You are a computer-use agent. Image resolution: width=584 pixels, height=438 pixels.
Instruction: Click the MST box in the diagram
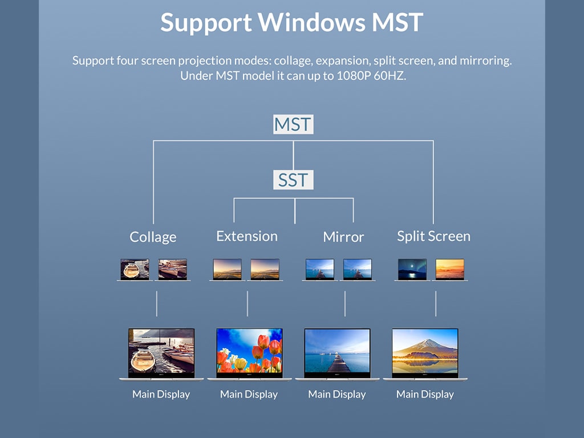(x=293, y=124)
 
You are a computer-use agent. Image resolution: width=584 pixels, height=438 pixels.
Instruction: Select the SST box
(x=293, y=180)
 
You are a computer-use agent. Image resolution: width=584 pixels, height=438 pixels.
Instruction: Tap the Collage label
(x=153, y=237)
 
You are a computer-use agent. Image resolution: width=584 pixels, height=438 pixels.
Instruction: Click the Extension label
(x=247, y=236)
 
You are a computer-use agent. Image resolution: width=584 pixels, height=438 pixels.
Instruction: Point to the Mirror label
(x=343, y=237)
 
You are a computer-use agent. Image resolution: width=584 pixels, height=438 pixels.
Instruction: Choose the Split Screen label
(x=433, y=237)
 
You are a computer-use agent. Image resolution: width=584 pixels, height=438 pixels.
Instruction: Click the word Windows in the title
(x=311, y=22)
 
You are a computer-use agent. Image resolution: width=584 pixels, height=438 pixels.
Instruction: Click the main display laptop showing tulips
(x=250, y=354)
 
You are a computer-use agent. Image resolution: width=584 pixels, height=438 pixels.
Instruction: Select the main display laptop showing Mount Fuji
(x=425, y=354)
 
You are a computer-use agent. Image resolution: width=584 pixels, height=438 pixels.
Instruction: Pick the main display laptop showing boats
(x=161, y=354)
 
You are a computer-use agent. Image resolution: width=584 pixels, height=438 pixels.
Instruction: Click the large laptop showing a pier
(x=337, y=354)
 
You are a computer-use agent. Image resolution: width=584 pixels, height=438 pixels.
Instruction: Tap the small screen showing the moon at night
(x=412, y=269)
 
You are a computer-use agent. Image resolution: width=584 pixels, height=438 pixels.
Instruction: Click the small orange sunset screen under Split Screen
(x=450, y=269)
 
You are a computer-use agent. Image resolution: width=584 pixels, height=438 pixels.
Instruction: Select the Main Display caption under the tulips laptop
(x=249, y=394)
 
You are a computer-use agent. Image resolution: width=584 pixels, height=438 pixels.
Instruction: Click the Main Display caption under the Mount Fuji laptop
(x=425, y=394)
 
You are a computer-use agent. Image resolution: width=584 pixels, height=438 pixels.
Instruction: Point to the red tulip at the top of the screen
(x=263, y=341)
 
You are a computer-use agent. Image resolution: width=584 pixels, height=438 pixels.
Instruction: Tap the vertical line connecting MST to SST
(x=294, y=156)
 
